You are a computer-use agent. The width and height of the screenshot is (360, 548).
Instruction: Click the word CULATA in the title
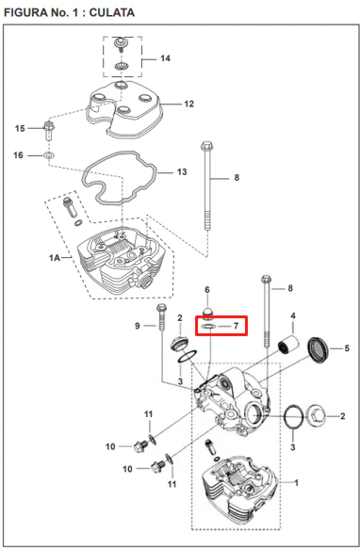[111, 12]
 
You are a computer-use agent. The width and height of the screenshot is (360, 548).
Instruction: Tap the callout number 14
[165, 58]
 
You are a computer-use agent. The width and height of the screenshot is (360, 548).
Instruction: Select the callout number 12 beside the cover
[188, 104]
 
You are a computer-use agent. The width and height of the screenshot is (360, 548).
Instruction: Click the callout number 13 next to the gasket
[182, 172]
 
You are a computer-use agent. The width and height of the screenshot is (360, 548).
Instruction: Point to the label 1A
[55, 258]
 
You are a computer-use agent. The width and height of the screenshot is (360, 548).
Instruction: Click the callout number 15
[20, 128]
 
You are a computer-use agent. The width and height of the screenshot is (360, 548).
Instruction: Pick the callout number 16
[18, 154]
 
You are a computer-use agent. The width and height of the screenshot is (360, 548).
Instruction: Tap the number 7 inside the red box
[236, 326]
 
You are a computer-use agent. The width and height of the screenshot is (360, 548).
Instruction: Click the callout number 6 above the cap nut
[207, 290]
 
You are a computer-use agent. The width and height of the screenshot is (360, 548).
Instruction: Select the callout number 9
[138, 326]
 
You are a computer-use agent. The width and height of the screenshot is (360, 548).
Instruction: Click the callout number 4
[293, 316]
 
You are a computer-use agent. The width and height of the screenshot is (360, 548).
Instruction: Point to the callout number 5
[347, 348]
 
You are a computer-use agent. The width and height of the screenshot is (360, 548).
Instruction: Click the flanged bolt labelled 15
[49, 130]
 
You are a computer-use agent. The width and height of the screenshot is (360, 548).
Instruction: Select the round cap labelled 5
[318, 349]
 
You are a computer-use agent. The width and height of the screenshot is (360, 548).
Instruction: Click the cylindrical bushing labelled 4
[288, 345]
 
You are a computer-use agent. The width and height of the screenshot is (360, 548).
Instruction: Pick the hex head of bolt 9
[161, 308]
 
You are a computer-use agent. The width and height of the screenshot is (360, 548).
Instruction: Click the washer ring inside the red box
[208, 327]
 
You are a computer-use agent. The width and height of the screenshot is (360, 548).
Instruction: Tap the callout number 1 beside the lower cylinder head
[296, 483]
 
